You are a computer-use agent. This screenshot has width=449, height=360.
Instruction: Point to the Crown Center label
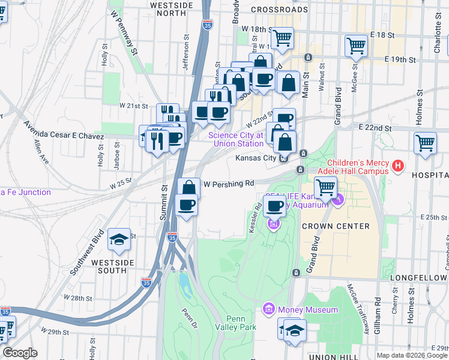(336, 226)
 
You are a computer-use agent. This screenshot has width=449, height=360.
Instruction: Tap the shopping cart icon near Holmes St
(425, 143)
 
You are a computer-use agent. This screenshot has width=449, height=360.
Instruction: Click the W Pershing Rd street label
(229, 184)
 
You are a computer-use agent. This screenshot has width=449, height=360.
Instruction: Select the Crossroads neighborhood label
(279, 10)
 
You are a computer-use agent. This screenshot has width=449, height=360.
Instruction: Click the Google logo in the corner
(20, 353)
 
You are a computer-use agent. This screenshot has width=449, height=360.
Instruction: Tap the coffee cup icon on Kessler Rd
(275, 206)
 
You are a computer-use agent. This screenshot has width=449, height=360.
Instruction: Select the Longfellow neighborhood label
(418, 278)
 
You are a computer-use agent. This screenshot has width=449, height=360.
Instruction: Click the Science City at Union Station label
(236, 139)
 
